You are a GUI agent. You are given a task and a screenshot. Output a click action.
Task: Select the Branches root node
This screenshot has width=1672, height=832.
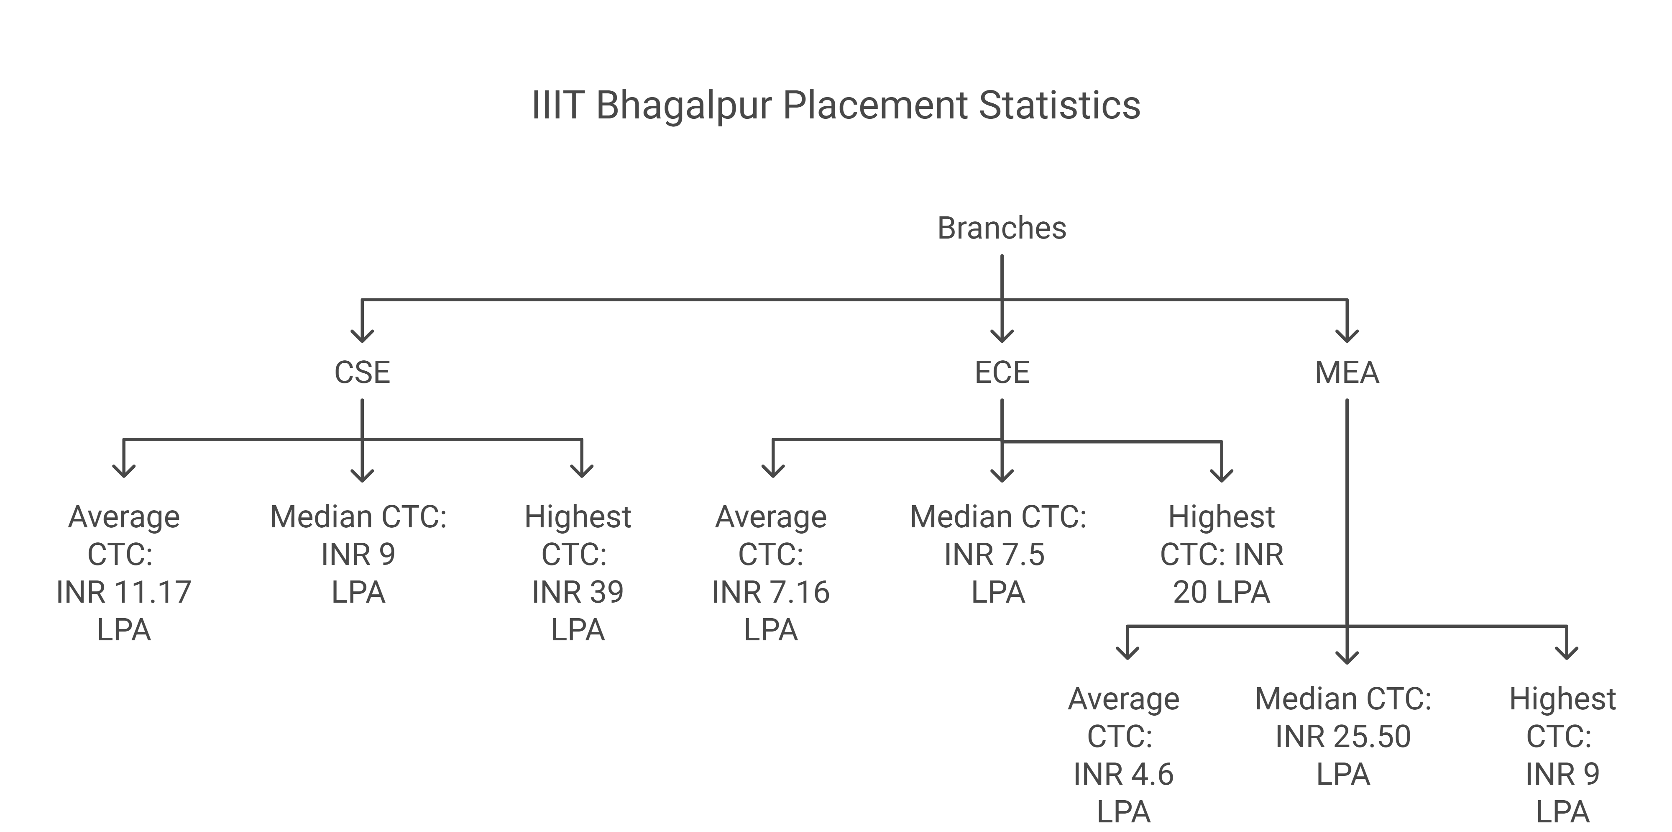[1002, 228]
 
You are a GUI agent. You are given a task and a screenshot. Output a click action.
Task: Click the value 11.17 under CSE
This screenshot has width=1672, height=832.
[153, 592]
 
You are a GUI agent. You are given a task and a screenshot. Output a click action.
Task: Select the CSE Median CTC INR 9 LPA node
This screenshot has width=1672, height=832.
[358, 554]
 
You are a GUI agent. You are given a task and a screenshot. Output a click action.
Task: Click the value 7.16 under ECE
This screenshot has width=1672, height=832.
[800, 592]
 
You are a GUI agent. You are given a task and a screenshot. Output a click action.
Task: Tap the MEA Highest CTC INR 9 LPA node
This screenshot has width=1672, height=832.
[1562, 755]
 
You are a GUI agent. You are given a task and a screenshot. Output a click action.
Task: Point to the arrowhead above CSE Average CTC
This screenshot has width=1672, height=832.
[124, 471]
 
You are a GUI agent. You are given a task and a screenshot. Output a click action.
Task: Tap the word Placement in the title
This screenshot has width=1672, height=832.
[875, 105]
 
